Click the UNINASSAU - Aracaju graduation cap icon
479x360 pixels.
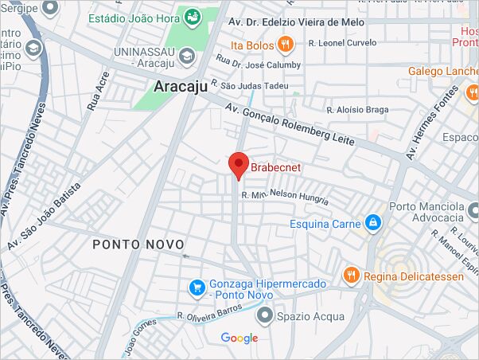click(186, 56)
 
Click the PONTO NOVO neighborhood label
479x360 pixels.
click(138, 245)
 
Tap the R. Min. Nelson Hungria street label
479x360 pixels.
click(279, 194)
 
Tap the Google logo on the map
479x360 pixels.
click(240, 338)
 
